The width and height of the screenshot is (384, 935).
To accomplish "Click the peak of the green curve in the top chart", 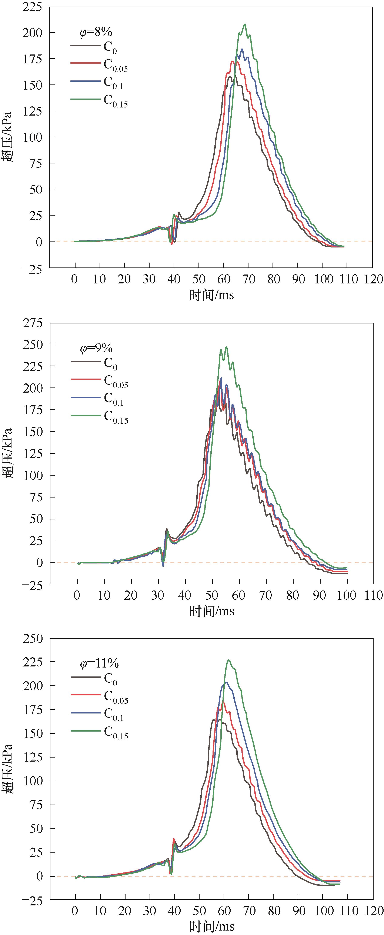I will (x=245, y=24).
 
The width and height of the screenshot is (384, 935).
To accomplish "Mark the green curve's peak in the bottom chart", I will (x=229, y=660).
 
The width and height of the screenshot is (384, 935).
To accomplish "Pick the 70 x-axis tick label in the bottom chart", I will (x=249, y=911).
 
